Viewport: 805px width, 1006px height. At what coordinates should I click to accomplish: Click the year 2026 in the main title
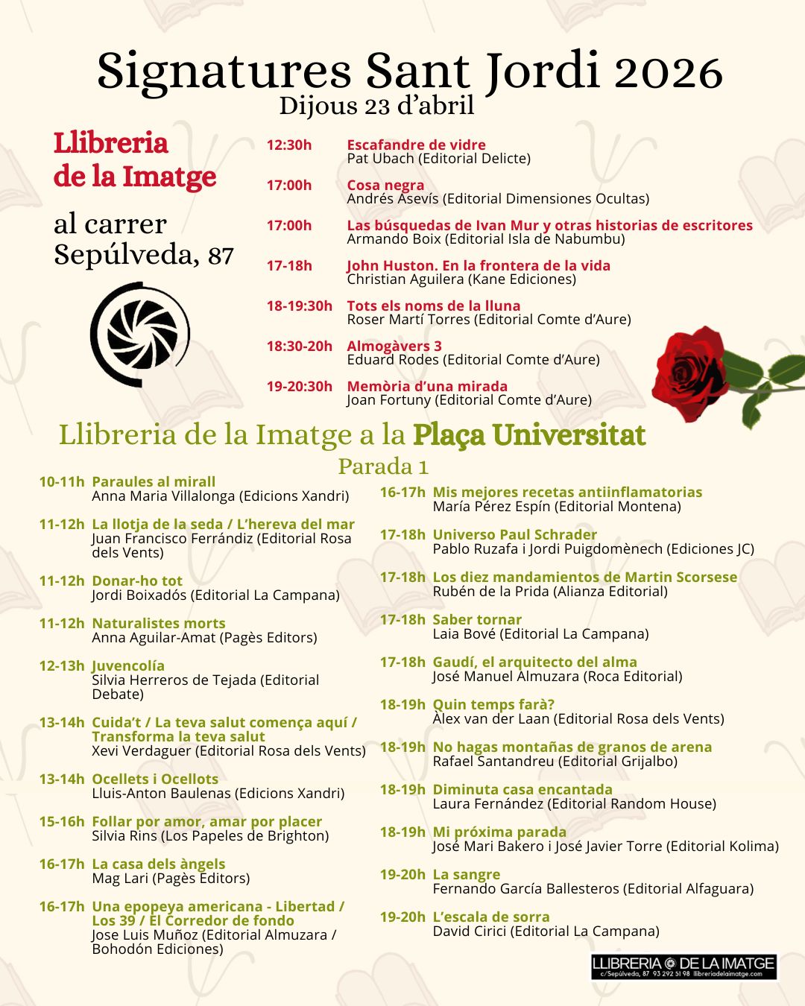(668, 72)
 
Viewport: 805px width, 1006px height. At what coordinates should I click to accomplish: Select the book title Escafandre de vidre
(416, 145)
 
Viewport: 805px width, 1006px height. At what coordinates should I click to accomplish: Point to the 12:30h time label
(289, 145)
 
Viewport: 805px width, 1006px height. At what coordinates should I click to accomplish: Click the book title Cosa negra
(385, 185)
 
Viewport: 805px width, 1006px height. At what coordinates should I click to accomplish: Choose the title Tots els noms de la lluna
(433, 306)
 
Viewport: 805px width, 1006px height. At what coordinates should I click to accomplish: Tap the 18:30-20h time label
(299, 346)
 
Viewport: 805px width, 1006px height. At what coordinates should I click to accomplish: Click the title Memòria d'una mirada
(427, 386)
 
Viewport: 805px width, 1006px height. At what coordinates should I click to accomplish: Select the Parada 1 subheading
(383, 466)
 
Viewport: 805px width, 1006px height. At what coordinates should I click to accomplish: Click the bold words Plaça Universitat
(529, 434)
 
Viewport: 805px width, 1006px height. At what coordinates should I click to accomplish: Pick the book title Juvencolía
(128, 665)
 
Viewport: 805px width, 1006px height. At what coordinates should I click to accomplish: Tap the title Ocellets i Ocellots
(155, 779)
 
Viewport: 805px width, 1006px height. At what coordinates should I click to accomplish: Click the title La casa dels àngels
(158, 864)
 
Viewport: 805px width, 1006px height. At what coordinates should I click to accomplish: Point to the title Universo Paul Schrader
(514, 534)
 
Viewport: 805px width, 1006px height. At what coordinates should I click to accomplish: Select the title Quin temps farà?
(493, 704)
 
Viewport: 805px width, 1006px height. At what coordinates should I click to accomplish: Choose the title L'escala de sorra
(491, 917)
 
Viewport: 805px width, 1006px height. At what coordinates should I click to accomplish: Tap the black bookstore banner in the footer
(684, 966)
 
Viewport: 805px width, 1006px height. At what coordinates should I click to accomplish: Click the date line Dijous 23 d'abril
(376, 106)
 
